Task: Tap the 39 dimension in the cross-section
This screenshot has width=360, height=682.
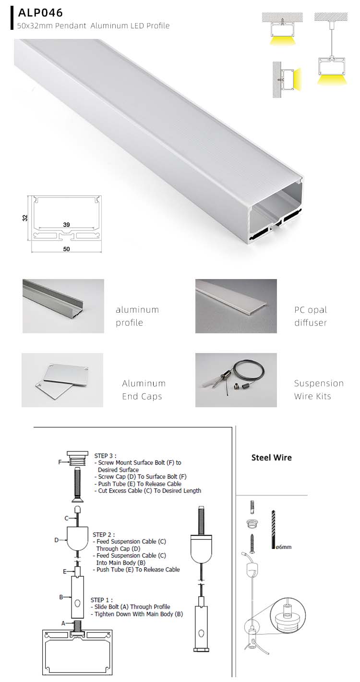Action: click(x=66, y=224)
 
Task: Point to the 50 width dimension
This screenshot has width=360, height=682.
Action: click(x=66, y=249)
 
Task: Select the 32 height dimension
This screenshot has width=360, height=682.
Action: click(x=25, y=218)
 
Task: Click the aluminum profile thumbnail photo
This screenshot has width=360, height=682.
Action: click(x=63, y=306)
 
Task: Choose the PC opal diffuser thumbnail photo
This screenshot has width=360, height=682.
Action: click(x=236, y=306)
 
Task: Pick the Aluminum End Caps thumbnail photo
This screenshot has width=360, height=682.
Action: click(x=62, y=380)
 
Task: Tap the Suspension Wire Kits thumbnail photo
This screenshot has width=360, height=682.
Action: click(x=236, y=380)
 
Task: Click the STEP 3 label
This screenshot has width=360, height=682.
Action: click(x=105, y=456)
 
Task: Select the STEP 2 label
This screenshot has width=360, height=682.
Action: click(x=104, y=535)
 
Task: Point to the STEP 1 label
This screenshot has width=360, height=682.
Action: click(x=102, y=600)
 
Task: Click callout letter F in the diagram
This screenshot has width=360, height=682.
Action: click(x=59, y=463)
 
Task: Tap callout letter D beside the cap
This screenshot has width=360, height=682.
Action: click(x=56, y=540)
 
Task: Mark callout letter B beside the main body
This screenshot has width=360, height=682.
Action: click(x=61, y=597)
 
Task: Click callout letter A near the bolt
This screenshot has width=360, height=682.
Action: click(x=63, y=623)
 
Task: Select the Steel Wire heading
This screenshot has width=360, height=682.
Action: click(x=271, y=458)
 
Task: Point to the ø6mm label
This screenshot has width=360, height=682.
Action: click(x=284, y=547)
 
